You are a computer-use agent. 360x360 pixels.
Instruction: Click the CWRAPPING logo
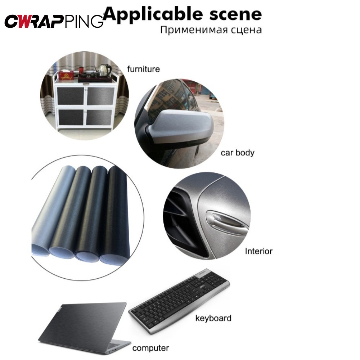click(54, 21)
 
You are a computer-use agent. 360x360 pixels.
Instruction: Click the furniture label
click(144, 69)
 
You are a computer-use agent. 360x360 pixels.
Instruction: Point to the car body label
click(238, 153)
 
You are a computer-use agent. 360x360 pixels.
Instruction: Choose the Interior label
click(259, 251)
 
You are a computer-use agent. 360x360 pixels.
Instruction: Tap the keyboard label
click(213, 318)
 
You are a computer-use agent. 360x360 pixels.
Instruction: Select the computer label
click(150, 348)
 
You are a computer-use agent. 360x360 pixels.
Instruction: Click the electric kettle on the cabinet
click(104, 70)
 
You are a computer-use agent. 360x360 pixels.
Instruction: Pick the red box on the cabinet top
click(66, 75)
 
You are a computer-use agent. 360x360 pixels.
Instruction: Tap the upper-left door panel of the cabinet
click(71, 96)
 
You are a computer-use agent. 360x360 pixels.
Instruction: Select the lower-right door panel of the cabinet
click(99, 117)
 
